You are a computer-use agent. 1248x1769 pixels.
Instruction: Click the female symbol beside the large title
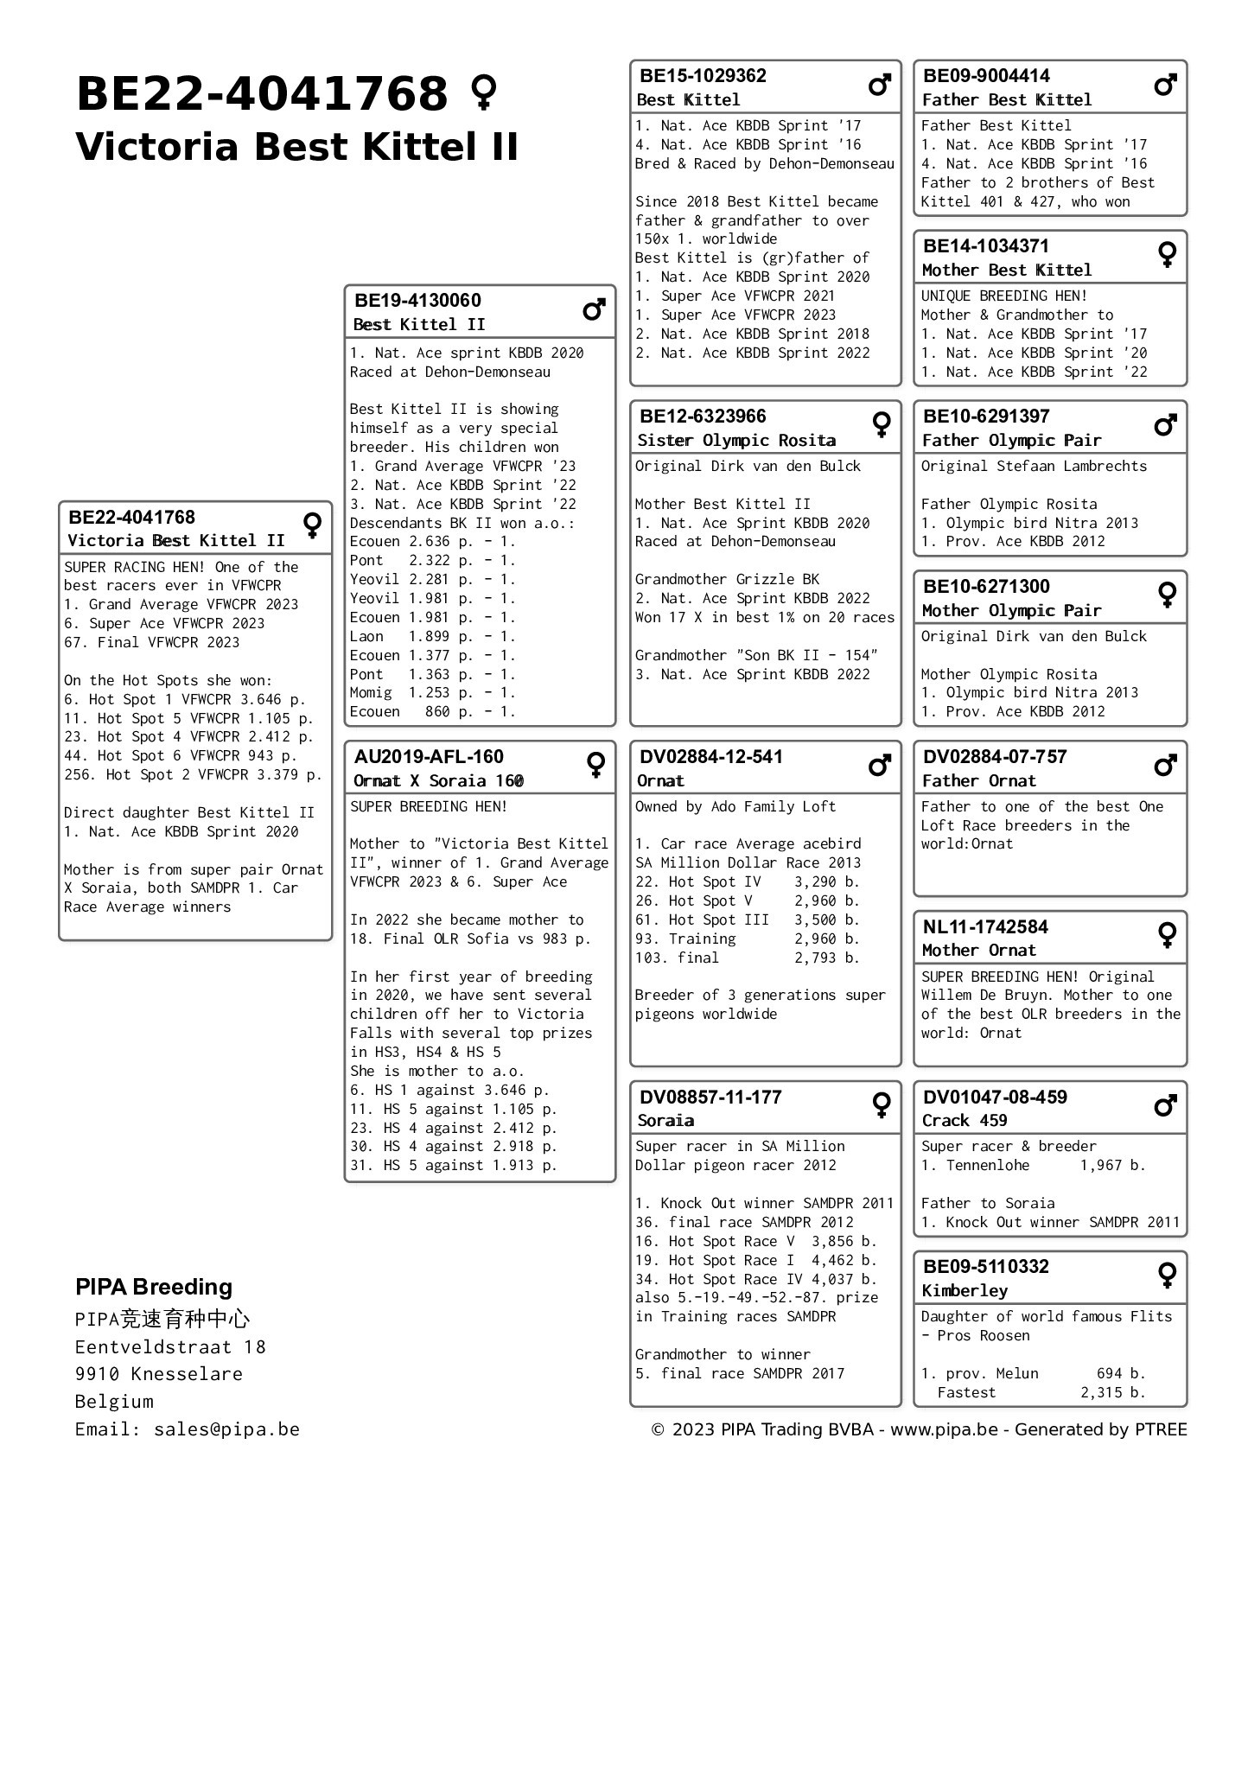(x=483, y=92)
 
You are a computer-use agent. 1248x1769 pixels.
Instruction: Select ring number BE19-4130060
(x=417, y=301)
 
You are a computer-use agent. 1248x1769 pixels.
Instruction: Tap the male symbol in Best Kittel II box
(x=594, y=309)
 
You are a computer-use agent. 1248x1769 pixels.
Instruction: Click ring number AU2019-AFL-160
(x=429, y=757)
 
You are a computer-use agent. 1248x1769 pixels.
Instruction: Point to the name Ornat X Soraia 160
(x=438, y=780)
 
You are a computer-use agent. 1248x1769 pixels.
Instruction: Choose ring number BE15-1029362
(x=703, y=76)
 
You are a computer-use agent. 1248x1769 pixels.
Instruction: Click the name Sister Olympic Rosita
(x=736, y=440)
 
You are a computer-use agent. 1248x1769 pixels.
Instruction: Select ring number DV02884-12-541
(x=710, y=757)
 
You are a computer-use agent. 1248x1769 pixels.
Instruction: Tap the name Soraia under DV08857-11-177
(x=665, y=1120)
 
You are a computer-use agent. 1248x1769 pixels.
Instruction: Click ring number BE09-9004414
(x=986, y=76)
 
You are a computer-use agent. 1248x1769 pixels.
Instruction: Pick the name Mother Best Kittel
(x=1006, y=270)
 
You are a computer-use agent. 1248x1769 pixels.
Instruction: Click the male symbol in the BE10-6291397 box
(x=1165, y=425)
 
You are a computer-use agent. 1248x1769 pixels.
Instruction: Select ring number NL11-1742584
(x=985, y=927)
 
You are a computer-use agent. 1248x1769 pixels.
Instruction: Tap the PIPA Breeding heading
(x=154, y=1287)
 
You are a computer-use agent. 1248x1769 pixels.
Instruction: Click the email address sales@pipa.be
(x=226, y=1429)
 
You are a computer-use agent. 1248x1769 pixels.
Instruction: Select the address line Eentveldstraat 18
(x=170, y=1346)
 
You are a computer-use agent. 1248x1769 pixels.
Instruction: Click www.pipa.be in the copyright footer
(x=944, y=1429)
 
